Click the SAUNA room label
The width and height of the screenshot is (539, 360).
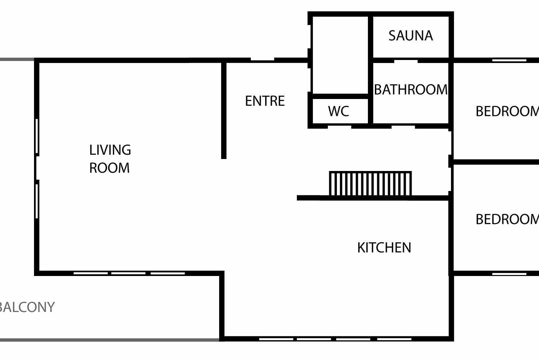tap(411, 36)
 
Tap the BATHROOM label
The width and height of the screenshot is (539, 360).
tap(411, 89)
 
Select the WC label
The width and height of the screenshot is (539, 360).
tap(338, 111)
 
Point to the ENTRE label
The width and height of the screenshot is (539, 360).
tap(265, 101)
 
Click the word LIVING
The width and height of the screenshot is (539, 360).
tap(110, 150)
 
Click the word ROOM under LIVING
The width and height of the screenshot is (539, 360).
tap(109, 168)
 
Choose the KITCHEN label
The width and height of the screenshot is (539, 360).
tap(384, 247)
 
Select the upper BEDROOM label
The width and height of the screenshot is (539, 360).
tap(507, 111)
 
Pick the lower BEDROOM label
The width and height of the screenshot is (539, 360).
tap(507, 219)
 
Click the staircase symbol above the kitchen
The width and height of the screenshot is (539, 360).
tap(370, 183)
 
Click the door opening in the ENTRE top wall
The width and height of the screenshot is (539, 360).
tap(262, 60)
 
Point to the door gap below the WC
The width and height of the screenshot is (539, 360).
tap(340, 126)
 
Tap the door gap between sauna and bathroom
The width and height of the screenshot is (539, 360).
tap(406, 61)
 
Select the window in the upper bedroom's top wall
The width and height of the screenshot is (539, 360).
tap(509, 60)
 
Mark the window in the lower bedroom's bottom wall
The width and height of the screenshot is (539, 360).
tap(509, 274)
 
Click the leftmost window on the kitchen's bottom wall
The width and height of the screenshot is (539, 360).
tap(276, 339)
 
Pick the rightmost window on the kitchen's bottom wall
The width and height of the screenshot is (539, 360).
tap(394, 339)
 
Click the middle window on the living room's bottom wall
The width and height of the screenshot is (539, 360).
tap(128, 273)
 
